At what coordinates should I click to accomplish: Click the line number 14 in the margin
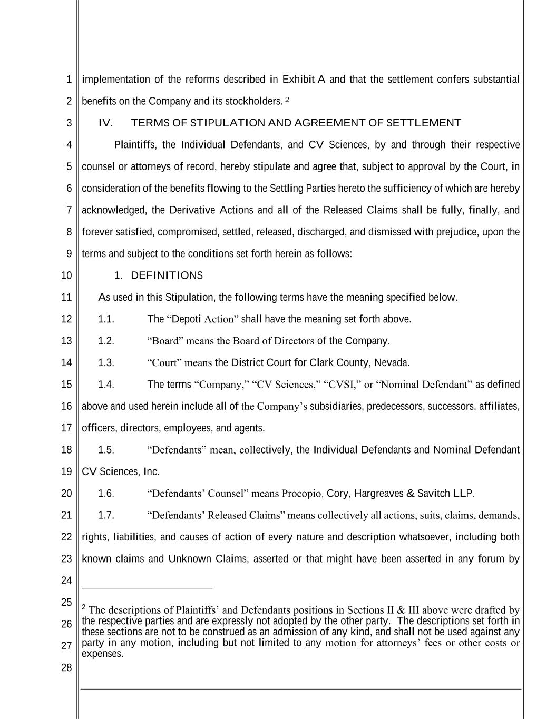pos(66,362)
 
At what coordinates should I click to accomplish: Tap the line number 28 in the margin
pos(66,668)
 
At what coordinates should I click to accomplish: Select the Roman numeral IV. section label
pos(105,123)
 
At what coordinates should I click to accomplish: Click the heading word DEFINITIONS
pos(167,275)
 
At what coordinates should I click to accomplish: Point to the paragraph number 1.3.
pos(106,362)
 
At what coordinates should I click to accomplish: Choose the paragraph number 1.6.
pos(106,494)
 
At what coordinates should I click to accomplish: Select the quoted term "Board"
pos(165,341)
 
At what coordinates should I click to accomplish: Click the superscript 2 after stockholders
pos(287,99)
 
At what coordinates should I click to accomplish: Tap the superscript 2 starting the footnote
pos(84,607)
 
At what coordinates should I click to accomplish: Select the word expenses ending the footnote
pos(102,654)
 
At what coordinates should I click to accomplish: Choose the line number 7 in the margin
pos(69,210)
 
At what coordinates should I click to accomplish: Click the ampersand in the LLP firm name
pos(410,494)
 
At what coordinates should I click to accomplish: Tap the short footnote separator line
pos(147,589)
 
